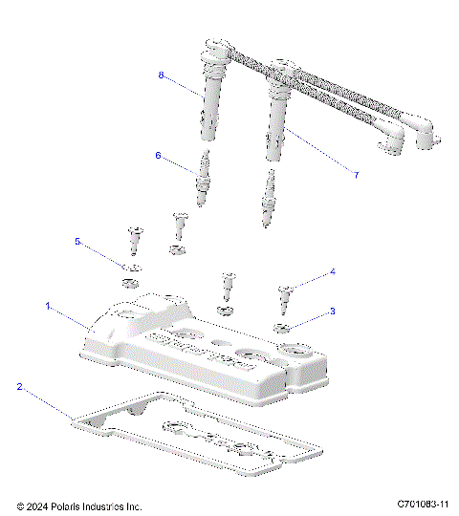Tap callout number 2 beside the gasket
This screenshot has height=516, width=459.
pyautogui.click(x=18, y=387)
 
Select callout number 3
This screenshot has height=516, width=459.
pyautogui.click(x=332, y=311)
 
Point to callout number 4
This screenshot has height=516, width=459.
pyautogui.click(x=332, y=271)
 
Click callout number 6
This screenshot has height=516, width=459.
pyautogui.click(x=159, y=154)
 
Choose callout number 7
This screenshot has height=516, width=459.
pyautogui.click(x=356, y=176)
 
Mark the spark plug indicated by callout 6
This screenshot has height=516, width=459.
pyautogui.click(x=203, y=181)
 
